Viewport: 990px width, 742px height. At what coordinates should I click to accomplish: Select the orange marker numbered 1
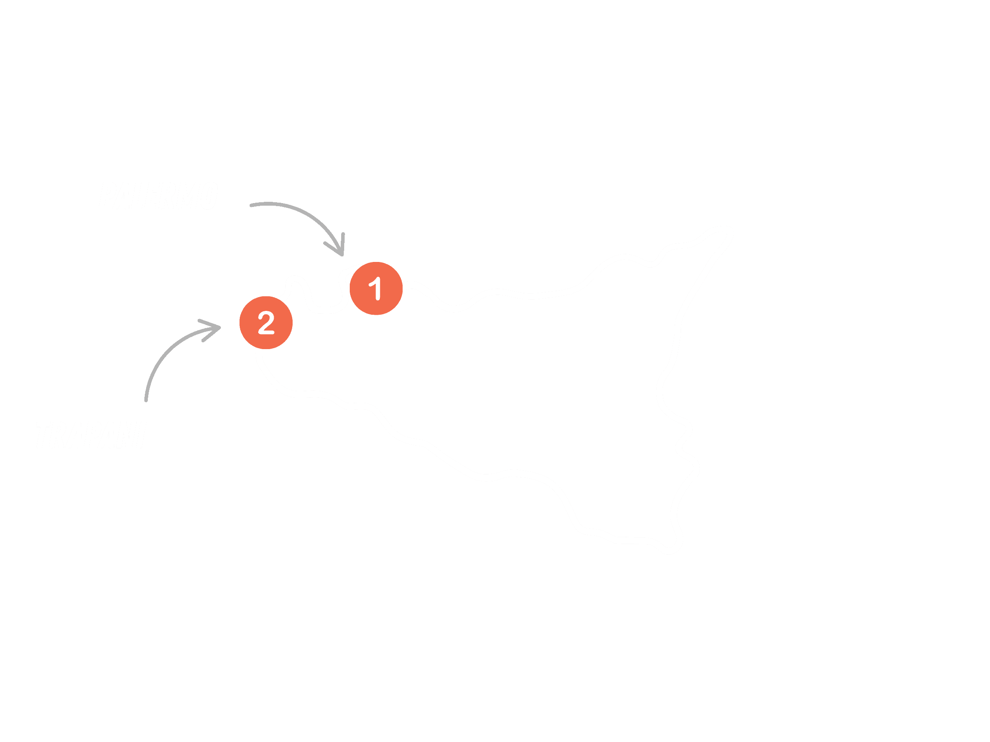376,289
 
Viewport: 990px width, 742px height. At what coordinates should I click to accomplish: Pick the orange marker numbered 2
266,322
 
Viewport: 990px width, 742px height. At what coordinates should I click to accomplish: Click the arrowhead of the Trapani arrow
217,328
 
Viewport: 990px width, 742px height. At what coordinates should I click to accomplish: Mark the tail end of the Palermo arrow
251,205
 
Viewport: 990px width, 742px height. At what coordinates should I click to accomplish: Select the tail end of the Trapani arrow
146,399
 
